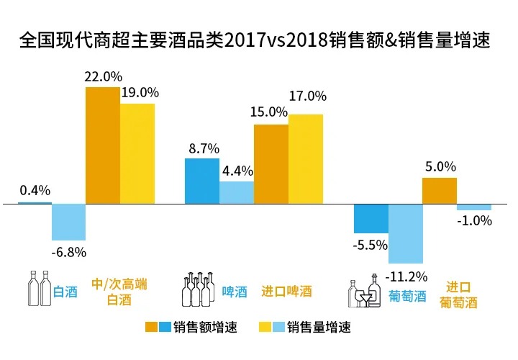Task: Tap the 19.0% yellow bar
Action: click(137, 153)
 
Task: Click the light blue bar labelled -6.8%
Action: click(69, 222)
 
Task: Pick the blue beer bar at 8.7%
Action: click(202, 181)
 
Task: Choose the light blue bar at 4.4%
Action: click(237, 192)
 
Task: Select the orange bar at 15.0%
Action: click(271, 164)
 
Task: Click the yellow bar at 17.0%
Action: click(306, 159)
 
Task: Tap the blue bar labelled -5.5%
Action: click(371, 218)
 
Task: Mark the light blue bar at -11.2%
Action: click(406, 233)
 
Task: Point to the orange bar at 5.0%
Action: click(440, 191)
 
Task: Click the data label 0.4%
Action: click(35, 191)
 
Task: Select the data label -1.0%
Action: click(474, 221)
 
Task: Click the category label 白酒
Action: click(65, 292)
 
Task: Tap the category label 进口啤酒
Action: click(286, 292)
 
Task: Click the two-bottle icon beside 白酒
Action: click(39, 288)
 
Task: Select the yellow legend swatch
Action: click(276, 328)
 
